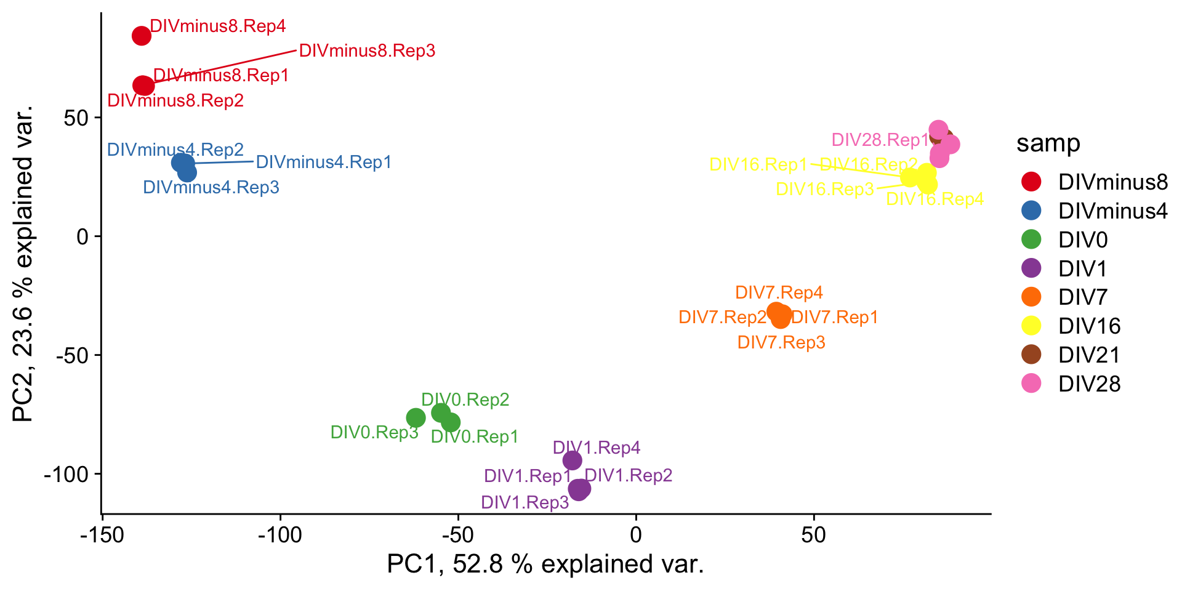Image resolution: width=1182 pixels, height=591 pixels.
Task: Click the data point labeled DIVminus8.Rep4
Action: (x=142, y=36)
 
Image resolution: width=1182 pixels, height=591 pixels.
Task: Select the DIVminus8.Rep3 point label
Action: (x=367, y=50)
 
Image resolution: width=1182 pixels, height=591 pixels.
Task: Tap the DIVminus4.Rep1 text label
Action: (x=324, y=162)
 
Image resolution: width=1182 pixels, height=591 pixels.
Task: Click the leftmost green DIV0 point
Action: (x=416, y=418)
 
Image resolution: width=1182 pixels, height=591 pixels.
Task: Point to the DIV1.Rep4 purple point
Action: (x=573, y=460)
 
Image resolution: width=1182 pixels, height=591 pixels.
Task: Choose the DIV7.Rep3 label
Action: (x=781, y=342)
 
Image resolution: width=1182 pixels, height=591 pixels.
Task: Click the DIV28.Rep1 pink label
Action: (x=880, y=140)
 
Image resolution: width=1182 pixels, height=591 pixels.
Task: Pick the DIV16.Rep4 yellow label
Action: (x=935, y=199)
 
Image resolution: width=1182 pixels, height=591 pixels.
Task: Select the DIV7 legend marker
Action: (x=1031, y=297)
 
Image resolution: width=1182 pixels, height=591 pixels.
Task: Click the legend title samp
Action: (x=1048, y=143)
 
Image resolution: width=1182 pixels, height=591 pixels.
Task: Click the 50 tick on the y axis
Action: (x=77, y=118)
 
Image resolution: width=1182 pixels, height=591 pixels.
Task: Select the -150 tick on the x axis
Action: (x=102, y=534)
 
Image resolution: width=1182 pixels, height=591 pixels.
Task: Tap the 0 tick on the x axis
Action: (x=636, y=534)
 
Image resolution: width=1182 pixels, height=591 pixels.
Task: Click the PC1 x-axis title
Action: (x=545, y=564)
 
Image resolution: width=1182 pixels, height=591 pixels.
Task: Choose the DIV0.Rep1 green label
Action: (x=475, y=436)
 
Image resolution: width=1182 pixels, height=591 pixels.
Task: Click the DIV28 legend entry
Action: (x=1089, y=384)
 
